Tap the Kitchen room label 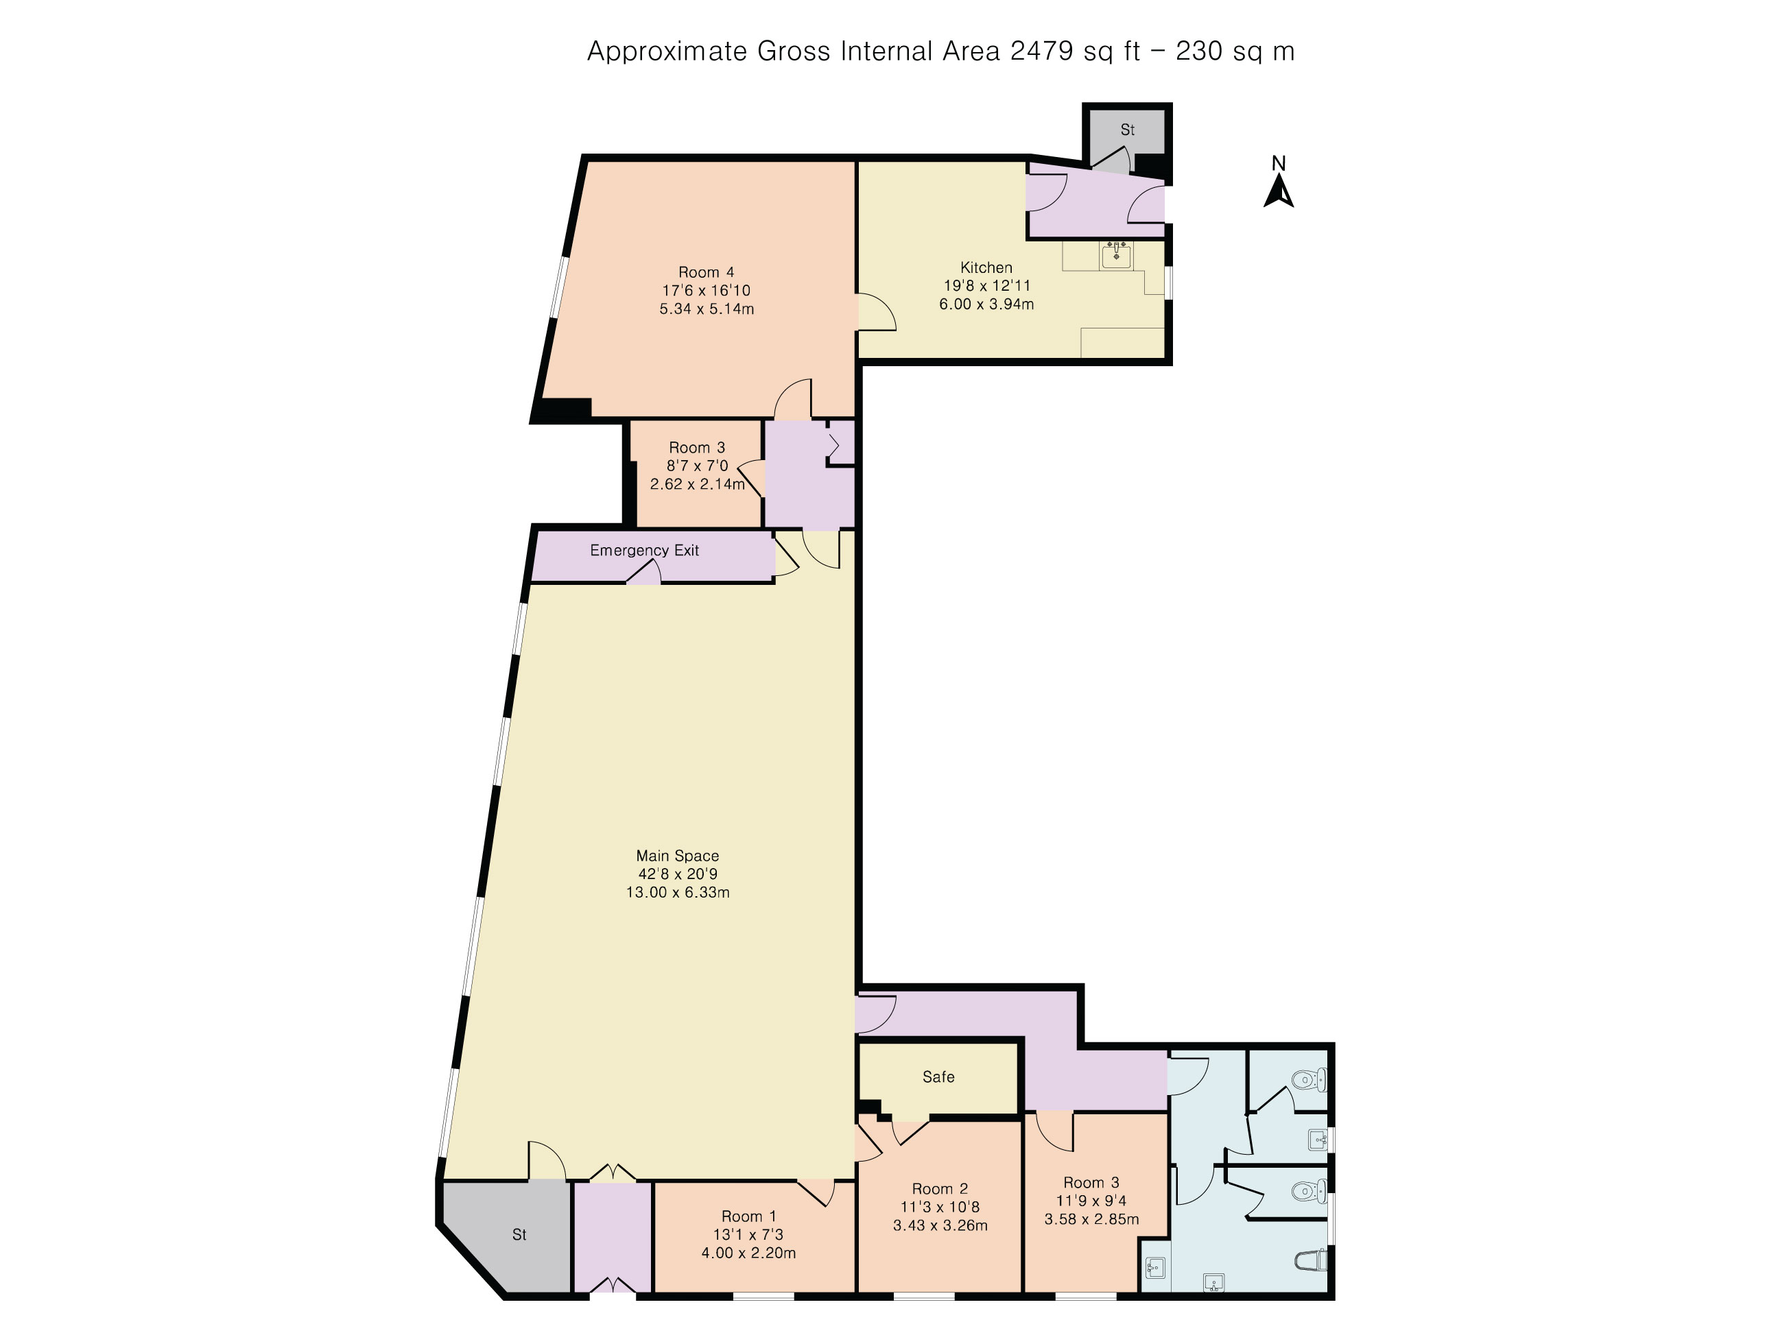point(986,267)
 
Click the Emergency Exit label point(645,551)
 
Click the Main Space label point(678,856)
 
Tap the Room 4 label point(707,272)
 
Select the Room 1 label point(749,1216)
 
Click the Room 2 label point(940,1188)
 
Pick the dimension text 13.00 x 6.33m point(678,892)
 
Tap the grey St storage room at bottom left point(514,1236)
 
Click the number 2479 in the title point(1042,51)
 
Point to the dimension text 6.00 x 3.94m point(986,304)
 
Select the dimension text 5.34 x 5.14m point(707,309)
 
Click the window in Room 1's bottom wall point(763,1295)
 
